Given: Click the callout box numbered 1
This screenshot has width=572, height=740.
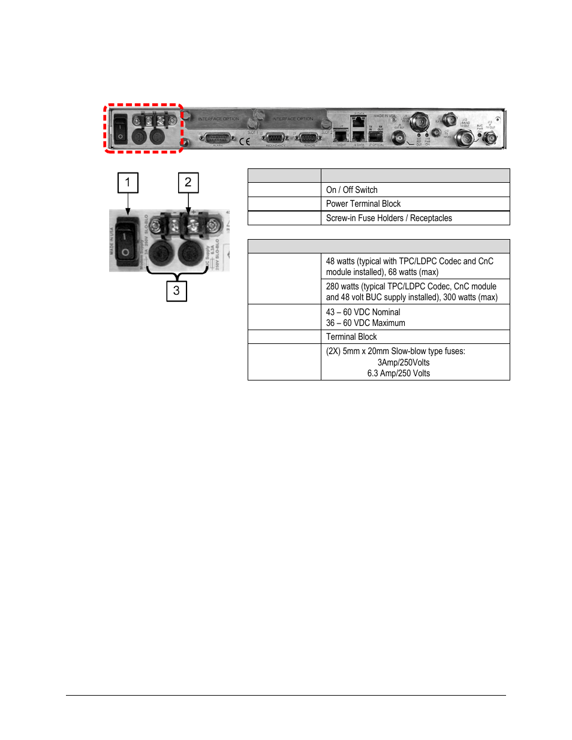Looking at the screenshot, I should [x=128, y=183].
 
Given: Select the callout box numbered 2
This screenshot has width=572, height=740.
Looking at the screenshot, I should [x=188, y=183].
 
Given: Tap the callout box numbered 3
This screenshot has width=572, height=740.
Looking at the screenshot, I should [x=176, y=291].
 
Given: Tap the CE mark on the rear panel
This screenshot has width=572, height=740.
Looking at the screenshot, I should [x=245, y=141].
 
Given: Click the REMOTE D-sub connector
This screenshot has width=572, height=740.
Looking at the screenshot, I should [x=309, y=138].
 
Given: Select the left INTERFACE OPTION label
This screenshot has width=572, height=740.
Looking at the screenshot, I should [x=218, y=119].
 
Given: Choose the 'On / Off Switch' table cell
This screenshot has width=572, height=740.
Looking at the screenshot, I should [x=352, y=190].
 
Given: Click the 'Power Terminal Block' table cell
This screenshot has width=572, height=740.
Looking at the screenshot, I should [x=363, y=204].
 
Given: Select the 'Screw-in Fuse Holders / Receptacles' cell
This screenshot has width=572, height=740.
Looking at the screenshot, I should [x=389, y=218].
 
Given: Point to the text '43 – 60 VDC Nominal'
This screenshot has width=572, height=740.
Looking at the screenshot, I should [x=363, y=312].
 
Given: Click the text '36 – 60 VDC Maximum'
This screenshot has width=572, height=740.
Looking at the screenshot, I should [x=366, y=323].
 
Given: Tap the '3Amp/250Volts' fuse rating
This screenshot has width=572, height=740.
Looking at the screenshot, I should [x=404, y=363].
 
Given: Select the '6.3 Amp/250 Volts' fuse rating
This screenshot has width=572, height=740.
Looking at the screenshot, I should [x=399, y=373].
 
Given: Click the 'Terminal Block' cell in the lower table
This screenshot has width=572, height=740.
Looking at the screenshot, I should [x=352, y=337].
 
